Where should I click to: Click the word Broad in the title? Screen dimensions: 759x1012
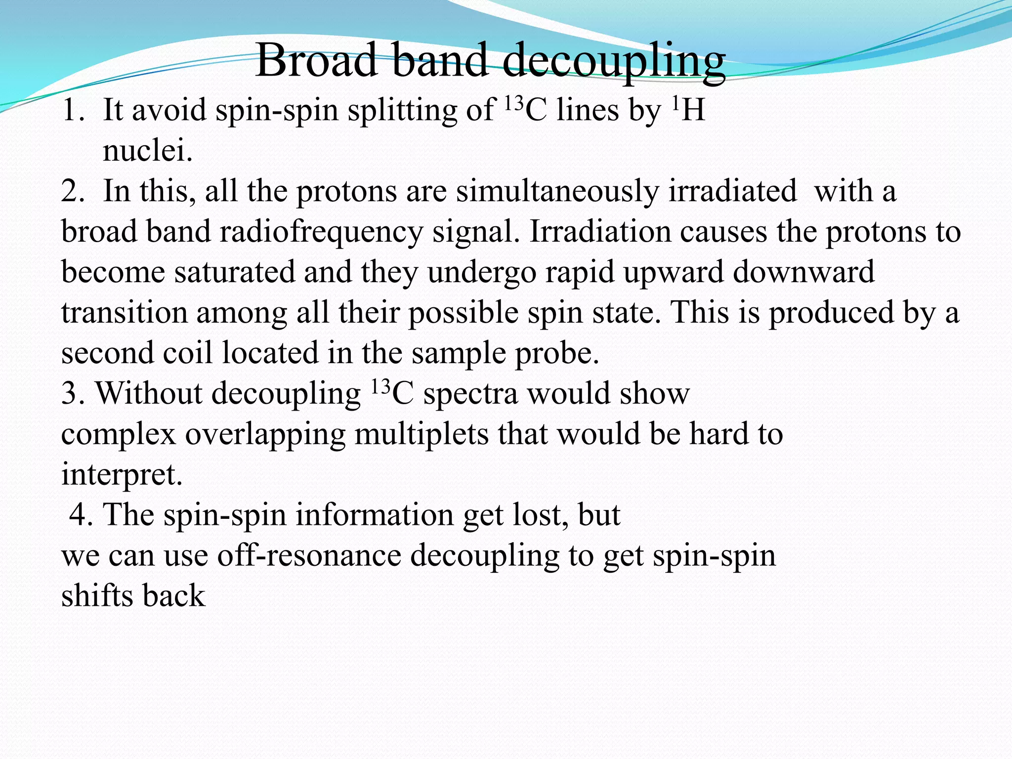tap(316, 60)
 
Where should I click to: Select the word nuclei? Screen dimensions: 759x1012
tap(147, 151)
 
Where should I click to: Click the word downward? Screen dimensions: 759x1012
tap(803, 272)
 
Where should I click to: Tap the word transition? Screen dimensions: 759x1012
tap(124, 313)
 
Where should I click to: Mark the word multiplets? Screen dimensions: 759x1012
tap(421, 434)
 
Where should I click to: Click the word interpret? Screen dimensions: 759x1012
tap(122, 475)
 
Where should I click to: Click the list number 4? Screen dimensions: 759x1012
tap(81, 515)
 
